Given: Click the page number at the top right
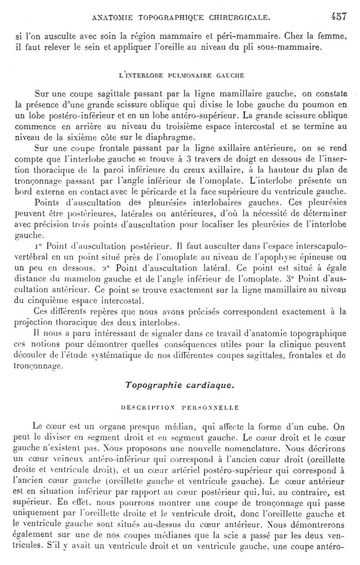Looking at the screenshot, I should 337,17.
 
